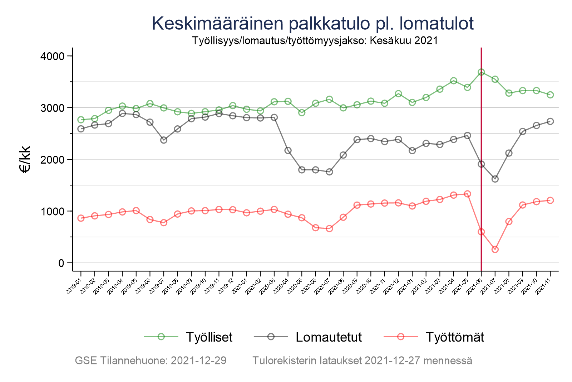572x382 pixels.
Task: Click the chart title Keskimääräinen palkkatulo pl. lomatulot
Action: pyautogui.click(x=313, y=24)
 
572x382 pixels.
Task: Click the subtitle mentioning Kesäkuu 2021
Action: pyautogui.click(x=315, y=40)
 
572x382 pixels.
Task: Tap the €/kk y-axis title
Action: pyautogui.click(x=25, y=160)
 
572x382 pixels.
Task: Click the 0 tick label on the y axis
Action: pyautogui.click(x=60, y=263)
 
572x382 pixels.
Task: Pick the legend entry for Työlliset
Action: pyautogui.click(x=209, y=337)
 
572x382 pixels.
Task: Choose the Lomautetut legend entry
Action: pyautogui.click(x=329, y=337)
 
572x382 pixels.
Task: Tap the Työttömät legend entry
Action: pyautogui.click(x=455, y=337)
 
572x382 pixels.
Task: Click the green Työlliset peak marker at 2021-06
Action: pyautogui.click(x=481, y=72)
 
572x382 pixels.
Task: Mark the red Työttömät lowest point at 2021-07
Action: pyautogui.click(x=495, y=250)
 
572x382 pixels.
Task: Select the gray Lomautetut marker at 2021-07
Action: pyautogui.click(x=495, y=179)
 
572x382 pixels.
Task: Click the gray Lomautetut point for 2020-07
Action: pyautogui.click(x=329, y=172)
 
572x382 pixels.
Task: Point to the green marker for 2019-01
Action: pyautogui.click(x=81, y=120)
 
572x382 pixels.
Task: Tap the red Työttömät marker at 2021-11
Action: pyautogui.click(x=550, y=200)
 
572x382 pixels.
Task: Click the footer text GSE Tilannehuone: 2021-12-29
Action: pyautogui.click(x=151, y=361)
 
